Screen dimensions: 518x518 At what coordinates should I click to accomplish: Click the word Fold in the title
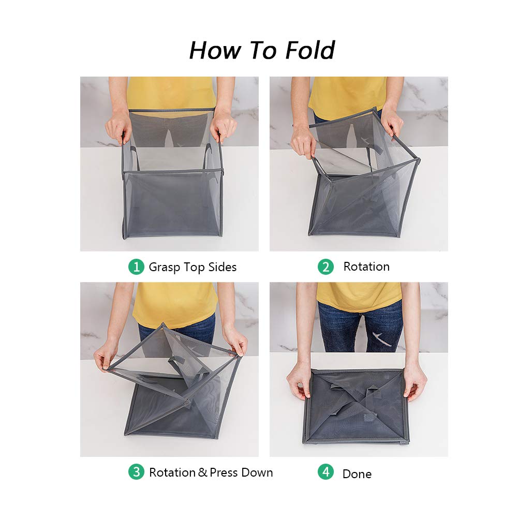point(309,50)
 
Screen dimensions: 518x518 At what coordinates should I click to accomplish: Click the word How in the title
point(214,50)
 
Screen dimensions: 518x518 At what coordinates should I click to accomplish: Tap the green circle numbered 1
point(136,267)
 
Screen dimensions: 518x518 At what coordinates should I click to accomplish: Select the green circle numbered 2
point(325,267)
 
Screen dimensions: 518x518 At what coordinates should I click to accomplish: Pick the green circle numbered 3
point(136,472)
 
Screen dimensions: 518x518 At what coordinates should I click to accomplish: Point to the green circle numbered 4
point(325,472)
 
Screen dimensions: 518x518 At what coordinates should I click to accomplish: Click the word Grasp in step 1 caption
point(164,268)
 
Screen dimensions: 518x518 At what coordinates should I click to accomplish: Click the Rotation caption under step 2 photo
point(366,267)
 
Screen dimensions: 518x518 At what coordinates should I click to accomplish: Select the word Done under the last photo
point(357,473)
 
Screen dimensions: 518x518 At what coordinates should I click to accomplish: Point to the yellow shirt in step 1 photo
point(171,93)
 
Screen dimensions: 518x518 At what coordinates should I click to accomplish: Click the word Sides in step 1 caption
point(222,267)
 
